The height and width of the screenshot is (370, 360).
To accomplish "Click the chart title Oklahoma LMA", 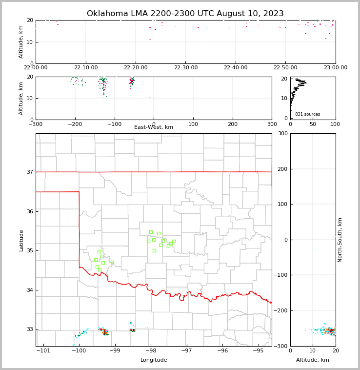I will coord(185,14).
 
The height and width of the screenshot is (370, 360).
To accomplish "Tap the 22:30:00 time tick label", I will coord(185,67).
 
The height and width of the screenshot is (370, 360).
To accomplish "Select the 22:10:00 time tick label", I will coord(85,67).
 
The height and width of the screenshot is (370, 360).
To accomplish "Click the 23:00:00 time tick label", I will coord(335,67).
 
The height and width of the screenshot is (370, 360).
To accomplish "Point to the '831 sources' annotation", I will coord(307,114).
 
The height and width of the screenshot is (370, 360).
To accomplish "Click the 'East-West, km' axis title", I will coord(154,127).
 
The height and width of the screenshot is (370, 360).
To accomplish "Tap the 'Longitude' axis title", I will coord(154,360).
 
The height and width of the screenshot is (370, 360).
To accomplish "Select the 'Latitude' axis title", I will coord(21,240).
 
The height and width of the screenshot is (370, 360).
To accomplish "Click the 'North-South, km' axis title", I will coord(340,240).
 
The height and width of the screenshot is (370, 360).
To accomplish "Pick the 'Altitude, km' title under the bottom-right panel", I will coord(313,360).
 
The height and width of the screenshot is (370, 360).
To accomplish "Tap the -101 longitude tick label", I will coord(44,350).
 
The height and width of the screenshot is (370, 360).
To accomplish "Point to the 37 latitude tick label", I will coord(29,172).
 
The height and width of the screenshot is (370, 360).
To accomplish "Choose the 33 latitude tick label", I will coord(29,329).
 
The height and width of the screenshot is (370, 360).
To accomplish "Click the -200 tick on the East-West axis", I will coord(75,124).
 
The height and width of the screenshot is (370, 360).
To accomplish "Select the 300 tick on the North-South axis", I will coord(282,133).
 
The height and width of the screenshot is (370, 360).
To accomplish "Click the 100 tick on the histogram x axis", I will coord(335,124).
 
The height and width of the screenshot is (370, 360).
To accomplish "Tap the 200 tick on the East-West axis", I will coord(233,124).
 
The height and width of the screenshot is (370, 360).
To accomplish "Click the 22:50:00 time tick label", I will coord(285,67).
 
